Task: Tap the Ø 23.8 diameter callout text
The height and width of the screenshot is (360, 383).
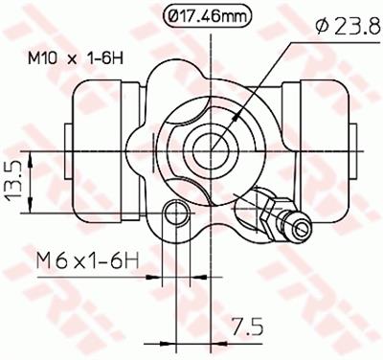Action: (x=349, y=26)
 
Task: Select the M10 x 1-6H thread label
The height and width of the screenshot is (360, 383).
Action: (x=76, y=58)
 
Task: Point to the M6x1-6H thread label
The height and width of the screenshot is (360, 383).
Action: (x=88, y=260)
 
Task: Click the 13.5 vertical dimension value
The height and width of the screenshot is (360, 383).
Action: (x=14, y=183)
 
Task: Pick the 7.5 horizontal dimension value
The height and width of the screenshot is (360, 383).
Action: (x=248, y=326)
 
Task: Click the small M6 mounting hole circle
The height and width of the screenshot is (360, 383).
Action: (x=176, y=213)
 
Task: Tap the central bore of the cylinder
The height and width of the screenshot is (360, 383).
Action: (x=211, y=150)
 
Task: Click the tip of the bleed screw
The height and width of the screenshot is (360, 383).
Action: (x=302, y=226)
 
